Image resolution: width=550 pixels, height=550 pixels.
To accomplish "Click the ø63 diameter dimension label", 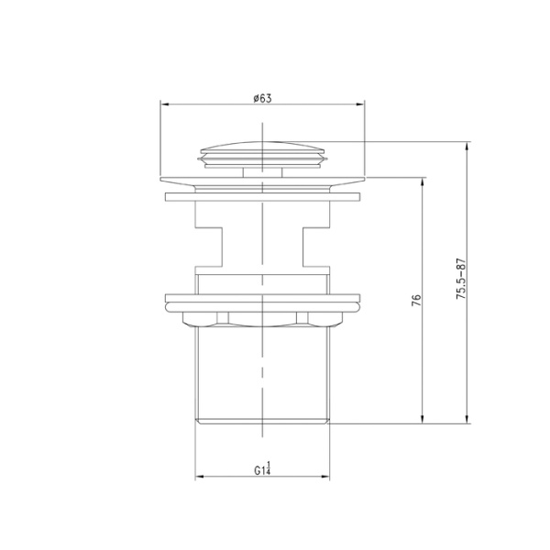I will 263,97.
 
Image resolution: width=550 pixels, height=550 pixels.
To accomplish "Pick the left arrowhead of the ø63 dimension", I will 166,104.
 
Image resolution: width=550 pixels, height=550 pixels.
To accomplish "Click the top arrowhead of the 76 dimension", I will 423,181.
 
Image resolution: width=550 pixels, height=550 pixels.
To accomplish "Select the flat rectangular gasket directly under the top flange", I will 263,195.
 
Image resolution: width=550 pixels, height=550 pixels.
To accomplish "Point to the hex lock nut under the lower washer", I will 263,318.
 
